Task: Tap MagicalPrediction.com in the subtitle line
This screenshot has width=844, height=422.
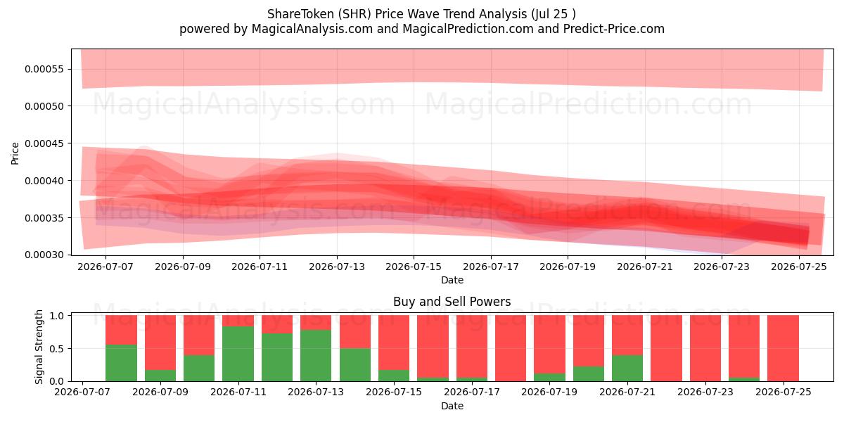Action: tap(468, 29)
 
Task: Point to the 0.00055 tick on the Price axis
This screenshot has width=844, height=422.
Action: tap(44, 69)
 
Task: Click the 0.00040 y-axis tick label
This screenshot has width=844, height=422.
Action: tap(44, 181)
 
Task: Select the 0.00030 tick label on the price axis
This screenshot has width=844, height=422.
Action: tap(44, 255)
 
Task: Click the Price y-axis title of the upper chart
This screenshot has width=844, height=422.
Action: tap(15, 153)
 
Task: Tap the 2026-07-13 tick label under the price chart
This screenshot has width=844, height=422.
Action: tap(337, 267)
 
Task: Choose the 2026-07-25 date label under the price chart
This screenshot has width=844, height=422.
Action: tap(799, 267)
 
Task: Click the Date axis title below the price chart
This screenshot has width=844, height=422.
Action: tap(452, 281)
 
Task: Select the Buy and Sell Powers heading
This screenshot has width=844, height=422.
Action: tap(452, 302)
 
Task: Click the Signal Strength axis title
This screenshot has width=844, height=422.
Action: tap(39, 347)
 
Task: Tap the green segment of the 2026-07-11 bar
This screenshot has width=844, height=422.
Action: tap(238, 354)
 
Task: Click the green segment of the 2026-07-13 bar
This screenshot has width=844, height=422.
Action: tap(316, 356)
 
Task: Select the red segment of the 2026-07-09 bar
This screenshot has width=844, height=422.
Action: tap(160, 343)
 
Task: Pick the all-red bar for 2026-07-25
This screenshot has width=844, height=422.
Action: tap(784, 348)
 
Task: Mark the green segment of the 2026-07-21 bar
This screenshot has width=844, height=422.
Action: tap(627, 368)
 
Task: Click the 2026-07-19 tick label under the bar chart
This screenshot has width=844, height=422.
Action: tap(549, 392)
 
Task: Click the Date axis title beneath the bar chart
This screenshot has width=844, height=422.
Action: tap(452, 407)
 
